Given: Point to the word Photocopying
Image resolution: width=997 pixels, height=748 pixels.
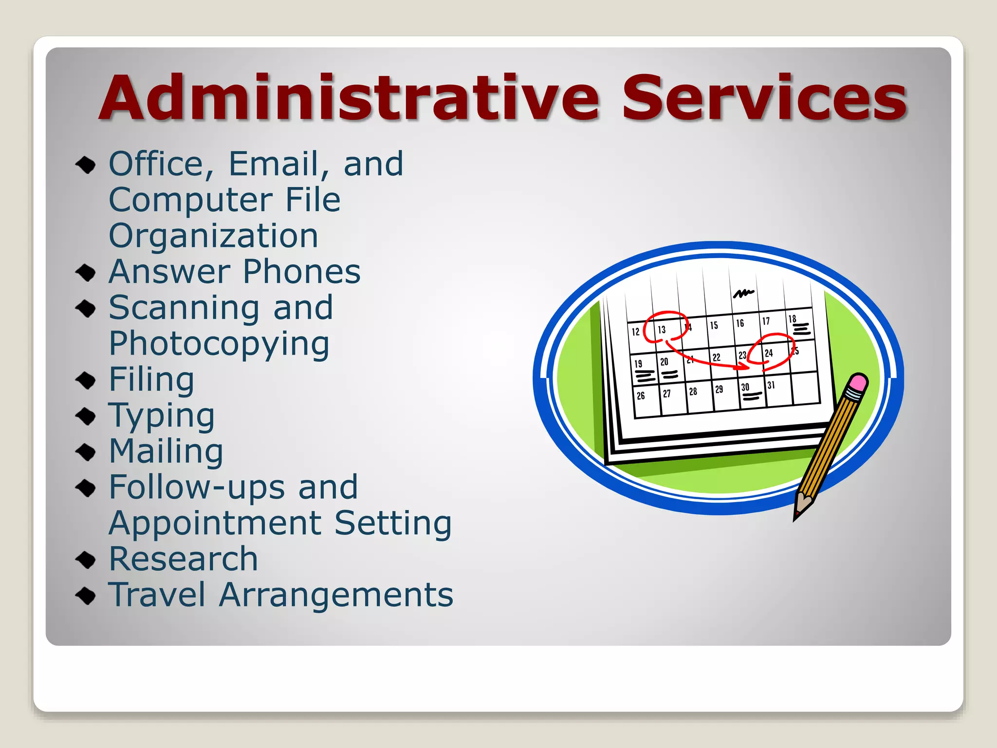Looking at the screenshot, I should coord(219,344).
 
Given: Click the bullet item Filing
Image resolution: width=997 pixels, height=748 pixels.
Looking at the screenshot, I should coord(151,379).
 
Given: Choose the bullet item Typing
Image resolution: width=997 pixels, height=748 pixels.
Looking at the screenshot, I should coord(161,416).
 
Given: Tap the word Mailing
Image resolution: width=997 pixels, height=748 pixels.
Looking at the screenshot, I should coord(166,451).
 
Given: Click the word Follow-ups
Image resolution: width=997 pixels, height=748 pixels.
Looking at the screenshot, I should coord(197,487).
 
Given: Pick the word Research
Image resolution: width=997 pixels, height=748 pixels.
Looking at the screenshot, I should coord(183,559).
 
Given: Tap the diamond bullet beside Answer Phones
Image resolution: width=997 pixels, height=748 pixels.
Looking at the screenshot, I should coord(86,272).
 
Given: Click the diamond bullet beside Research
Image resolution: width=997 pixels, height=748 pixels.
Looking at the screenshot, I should coord(86,560).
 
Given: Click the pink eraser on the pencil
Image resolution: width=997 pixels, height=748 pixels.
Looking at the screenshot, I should coord(858,382).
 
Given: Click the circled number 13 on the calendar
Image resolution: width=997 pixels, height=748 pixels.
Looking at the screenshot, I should coord(662,330).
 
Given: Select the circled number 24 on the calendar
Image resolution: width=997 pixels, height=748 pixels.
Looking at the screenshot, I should coord(769,353).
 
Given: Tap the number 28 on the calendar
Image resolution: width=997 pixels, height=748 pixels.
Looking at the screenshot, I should coord(693,391).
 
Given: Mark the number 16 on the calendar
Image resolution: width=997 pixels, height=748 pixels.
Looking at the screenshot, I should coord(740,323).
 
